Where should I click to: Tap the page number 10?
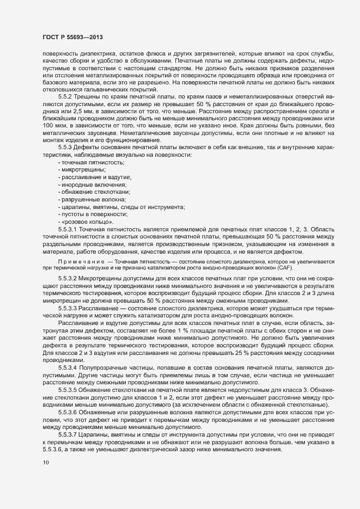[38, 463]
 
